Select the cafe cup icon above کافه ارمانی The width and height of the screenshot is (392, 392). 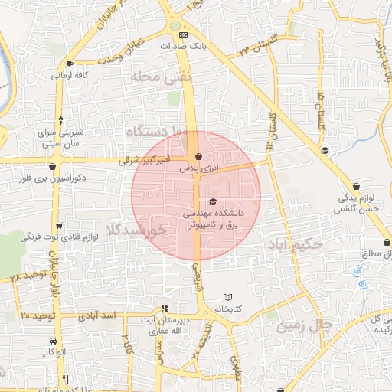coord(70,64)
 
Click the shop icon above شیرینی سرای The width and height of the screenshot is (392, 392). coord(60,119)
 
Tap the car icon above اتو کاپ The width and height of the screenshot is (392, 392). coord(51,340)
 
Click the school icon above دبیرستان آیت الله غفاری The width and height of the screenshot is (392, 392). coord(162,307)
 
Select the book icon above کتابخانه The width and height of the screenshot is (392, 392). coord(226,297)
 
